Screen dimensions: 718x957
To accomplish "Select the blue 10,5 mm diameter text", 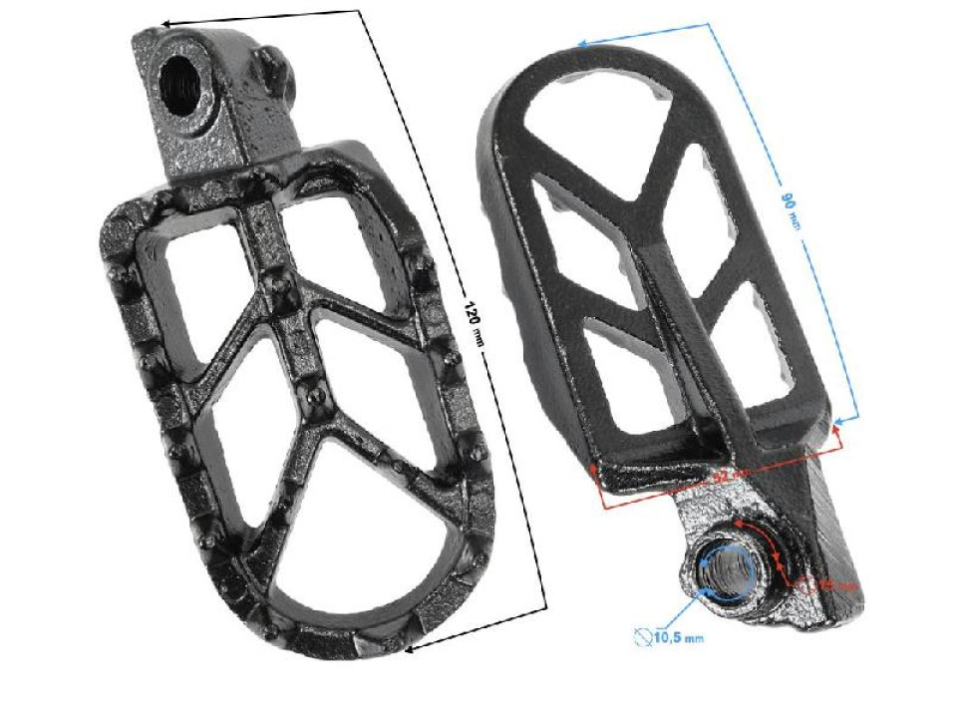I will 677,636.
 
